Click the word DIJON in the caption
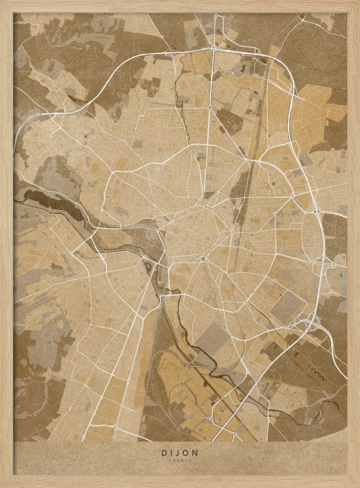tap(180, 453)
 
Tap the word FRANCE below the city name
tap(180, 460)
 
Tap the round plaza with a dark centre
tap(203, 259)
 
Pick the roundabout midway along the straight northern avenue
tap(210, 107)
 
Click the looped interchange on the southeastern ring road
tap(311, 322)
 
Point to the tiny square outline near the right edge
tap(339, 171)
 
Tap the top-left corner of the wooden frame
tap(3, 3)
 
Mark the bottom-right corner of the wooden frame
tap(357, 485)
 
